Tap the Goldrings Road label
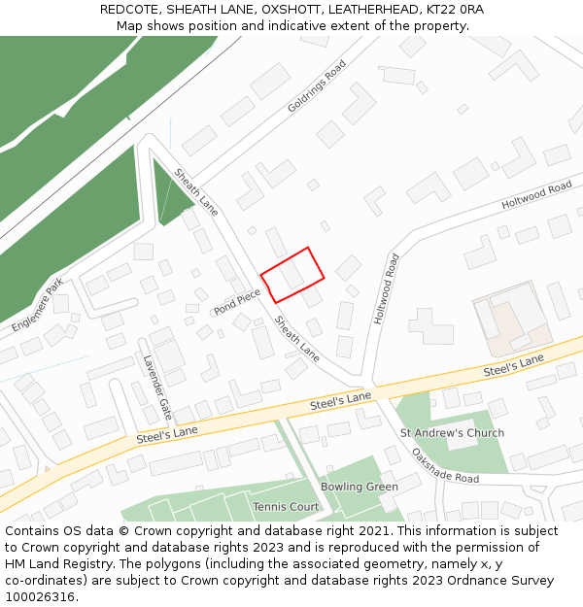[x=317, y=86]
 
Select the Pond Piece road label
[x=237, y=302]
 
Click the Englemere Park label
[x=38, y=305]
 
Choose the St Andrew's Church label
[x=452, y=433]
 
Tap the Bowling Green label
[x=360, y=487]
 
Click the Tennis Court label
[x=286, y=507]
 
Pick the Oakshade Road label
[x=444, y=466]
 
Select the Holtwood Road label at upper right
[x=536, y=196]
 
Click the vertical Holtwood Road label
[x=386, y=288]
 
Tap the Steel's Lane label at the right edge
[x=514, y=366]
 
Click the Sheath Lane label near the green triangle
[x=196, y=191]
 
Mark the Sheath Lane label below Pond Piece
[x=296, y=338]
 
